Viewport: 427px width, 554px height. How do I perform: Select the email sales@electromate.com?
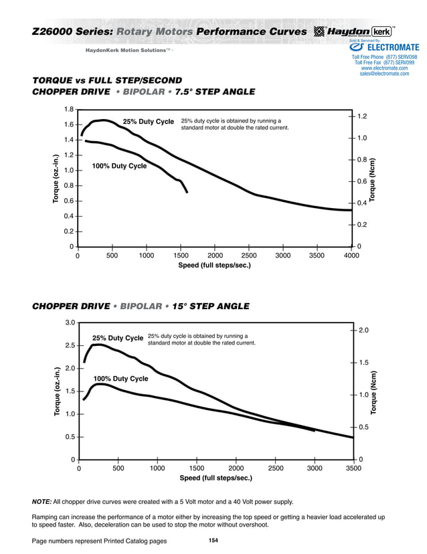384,74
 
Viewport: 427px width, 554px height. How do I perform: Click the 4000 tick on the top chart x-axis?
351,256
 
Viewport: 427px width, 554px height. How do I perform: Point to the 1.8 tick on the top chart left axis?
68,109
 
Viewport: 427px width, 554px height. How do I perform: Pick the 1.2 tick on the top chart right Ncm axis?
362,116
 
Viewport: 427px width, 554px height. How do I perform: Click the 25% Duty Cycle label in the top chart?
148,122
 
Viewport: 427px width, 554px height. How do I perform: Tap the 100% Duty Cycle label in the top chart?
118,165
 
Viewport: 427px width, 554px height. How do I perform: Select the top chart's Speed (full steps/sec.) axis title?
214,266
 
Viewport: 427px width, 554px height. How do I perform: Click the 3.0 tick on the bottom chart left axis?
70,322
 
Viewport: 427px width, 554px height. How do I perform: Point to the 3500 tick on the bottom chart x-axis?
353,468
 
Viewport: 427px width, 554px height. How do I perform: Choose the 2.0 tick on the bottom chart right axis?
363,331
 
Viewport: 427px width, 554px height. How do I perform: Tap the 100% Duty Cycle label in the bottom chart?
120,379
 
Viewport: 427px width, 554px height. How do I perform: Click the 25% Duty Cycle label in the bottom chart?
118,338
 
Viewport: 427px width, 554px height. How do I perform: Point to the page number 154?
213,540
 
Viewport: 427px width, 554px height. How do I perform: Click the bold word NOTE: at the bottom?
41,501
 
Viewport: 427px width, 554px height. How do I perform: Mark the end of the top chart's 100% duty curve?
187,192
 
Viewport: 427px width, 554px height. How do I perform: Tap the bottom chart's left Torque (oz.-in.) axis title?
57,391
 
